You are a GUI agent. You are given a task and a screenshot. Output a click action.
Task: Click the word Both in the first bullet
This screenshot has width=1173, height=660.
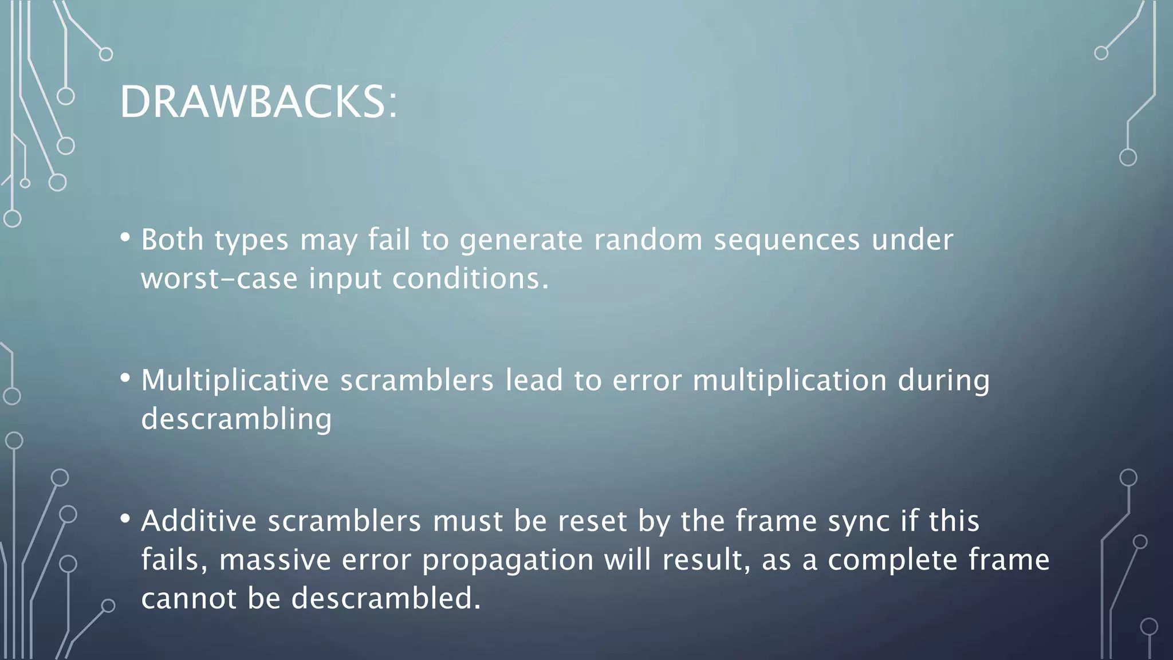point(172,239)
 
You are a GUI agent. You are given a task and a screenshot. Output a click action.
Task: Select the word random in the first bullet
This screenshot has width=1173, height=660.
point(648,239)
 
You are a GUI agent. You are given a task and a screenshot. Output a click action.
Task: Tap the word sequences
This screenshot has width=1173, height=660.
point(786,241)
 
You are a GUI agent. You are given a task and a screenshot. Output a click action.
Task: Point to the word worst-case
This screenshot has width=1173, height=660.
point(219,279)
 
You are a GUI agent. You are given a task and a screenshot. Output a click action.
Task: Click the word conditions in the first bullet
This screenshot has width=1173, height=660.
point(470,279)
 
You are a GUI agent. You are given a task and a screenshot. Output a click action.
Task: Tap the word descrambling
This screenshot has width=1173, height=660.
point(237,419)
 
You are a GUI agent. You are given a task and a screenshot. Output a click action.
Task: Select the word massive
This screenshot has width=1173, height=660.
point(275,560)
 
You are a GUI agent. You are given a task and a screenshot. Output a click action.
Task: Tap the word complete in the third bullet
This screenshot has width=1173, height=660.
point(892,560)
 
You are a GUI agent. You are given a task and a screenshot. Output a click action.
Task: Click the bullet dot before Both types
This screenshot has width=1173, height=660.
point(125,237)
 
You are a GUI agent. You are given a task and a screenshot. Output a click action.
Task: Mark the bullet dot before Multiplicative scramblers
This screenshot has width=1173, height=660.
point(125,378)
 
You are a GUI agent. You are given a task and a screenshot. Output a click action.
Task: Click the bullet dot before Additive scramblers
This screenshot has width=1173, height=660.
point(125,518)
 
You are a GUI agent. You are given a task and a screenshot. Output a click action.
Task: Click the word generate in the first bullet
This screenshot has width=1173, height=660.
point(521,241)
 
